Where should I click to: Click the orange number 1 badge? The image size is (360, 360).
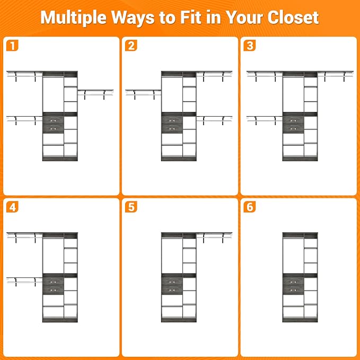pos(12,46)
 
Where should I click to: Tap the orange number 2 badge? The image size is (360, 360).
pos(131,46)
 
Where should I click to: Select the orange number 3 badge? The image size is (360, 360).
pos(250,46)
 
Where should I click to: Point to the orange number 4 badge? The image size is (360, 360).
pos(12,207)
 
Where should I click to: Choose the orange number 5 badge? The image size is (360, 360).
pos(131,207)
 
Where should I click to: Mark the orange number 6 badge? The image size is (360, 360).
pos(250,207)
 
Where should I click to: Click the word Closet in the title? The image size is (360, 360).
pos(293,17)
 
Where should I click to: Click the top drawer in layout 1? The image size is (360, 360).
pos(53,120)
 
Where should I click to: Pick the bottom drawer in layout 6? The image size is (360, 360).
pos(293,290)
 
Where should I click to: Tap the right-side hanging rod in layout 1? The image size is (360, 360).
pos(95,93)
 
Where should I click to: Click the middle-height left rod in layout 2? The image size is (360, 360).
pos(143,93)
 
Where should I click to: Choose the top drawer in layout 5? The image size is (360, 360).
pos(172,282)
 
